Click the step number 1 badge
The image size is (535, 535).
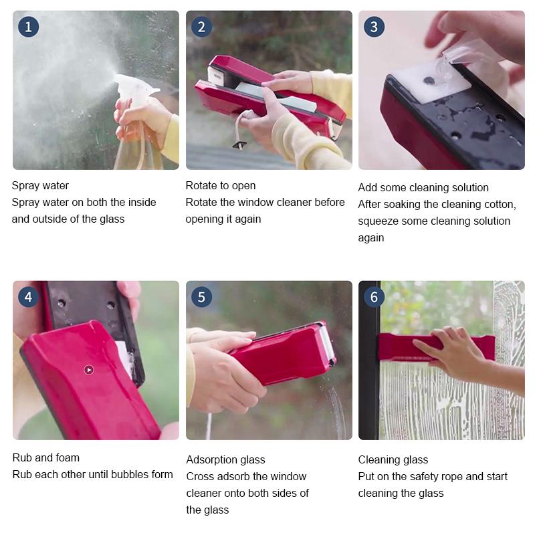(x=28, y=27)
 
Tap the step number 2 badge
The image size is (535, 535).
(x=201, y=27)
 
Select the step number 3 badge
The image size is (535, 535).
(x=374, y=27)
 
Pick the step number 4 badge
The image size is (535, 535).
(x=28, y=297)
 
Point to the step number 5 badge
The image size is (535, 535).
(x=201, y=297)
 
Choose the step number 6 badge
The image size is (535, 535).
(x=374, y=297)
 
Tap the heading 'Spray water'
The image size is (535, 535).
(x=40, y=186)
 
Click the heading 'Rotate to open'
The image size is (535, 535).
(x=221, y=186)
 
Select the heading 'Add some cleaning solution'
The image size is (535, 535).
(x=423, y=188)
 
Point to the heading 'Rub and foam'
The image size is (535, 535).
(x=45, y=458)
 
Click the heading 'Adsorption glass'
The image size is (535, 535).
(x=225, y=460)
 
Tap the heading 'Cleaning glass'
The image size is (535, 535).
(x=393, y=460)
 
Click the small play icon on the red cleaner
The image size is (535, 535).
(x=89, y=370)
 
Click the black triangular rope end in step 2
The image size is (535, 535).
(x=237, y=144)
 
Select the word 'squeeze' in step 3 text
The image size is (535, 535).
(x=379, y=221)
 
